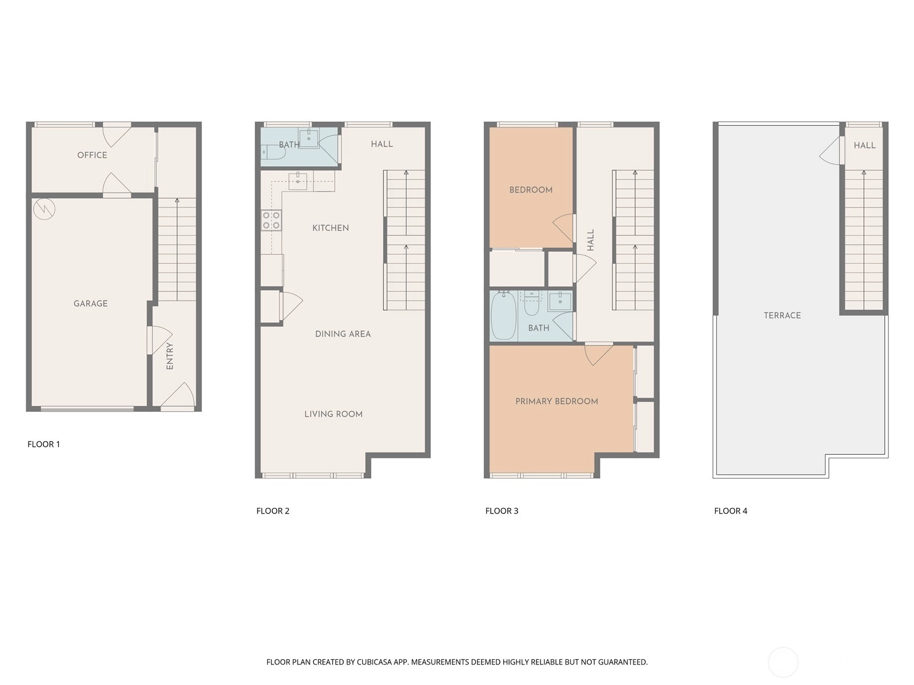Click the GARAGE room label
(x=90, y=303)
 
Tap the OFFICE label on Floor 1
(x=92, y=155)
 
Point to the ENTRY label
(x=170, y=356)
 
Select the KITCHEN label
(x=331, y=228)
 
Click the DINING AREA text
(x=343, y=334)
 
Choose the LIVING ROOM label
(x=333, y=414)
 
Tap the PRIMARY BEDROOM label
(x=557, y=402)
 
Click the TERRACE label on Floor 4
(x=782, y=315)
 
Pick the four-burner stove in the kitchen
(x=271, y=221)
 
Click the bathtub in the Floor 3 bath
(x=503, y=315)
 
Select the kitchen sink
(x=298, y=182)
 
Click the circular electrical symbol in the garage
(x=44, y=210)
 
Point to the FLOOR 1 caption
(x=44, y=444)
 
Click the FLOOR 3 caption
(x=502, y=511)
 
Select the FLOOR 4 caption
(x=731, y=511)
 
